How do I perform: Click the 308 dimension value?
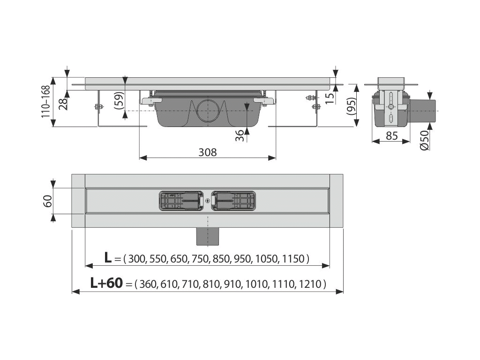208,152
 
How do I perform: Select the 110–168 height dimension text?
45,101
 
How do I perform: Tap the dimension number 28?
63,104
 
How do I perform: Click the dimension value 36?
240,135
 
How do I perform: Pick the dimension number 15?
330,98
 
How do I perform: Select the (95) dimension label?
351,106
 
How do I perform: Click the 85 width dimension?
391,135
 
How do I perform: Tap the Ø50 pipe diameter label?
424,140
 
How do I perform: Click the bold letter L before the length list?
107,258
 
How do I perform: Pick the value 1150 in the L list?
293,259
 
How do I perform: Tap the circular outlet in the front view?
208,111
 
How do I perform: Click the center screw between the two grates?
208,201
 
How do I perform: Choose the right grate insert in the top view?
233,201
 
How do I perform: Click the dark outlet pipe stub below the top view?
208,236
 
